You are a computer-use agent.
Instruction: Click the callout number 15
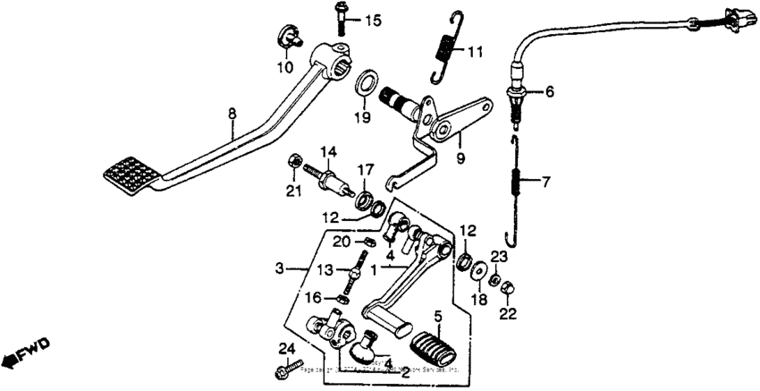[x=372, y=20]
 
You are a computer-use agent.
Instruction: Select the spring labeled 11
[x=443, y=49]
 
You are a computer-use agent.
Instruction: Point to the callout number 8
[x=232, y=115]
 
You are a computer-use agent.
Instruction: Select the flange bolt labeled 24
[x=279, y=369]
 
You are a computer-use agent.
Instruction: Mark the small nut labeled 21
[x=293, y=162]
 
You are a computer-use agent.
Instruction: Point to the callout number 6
[x=549, y=90]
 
